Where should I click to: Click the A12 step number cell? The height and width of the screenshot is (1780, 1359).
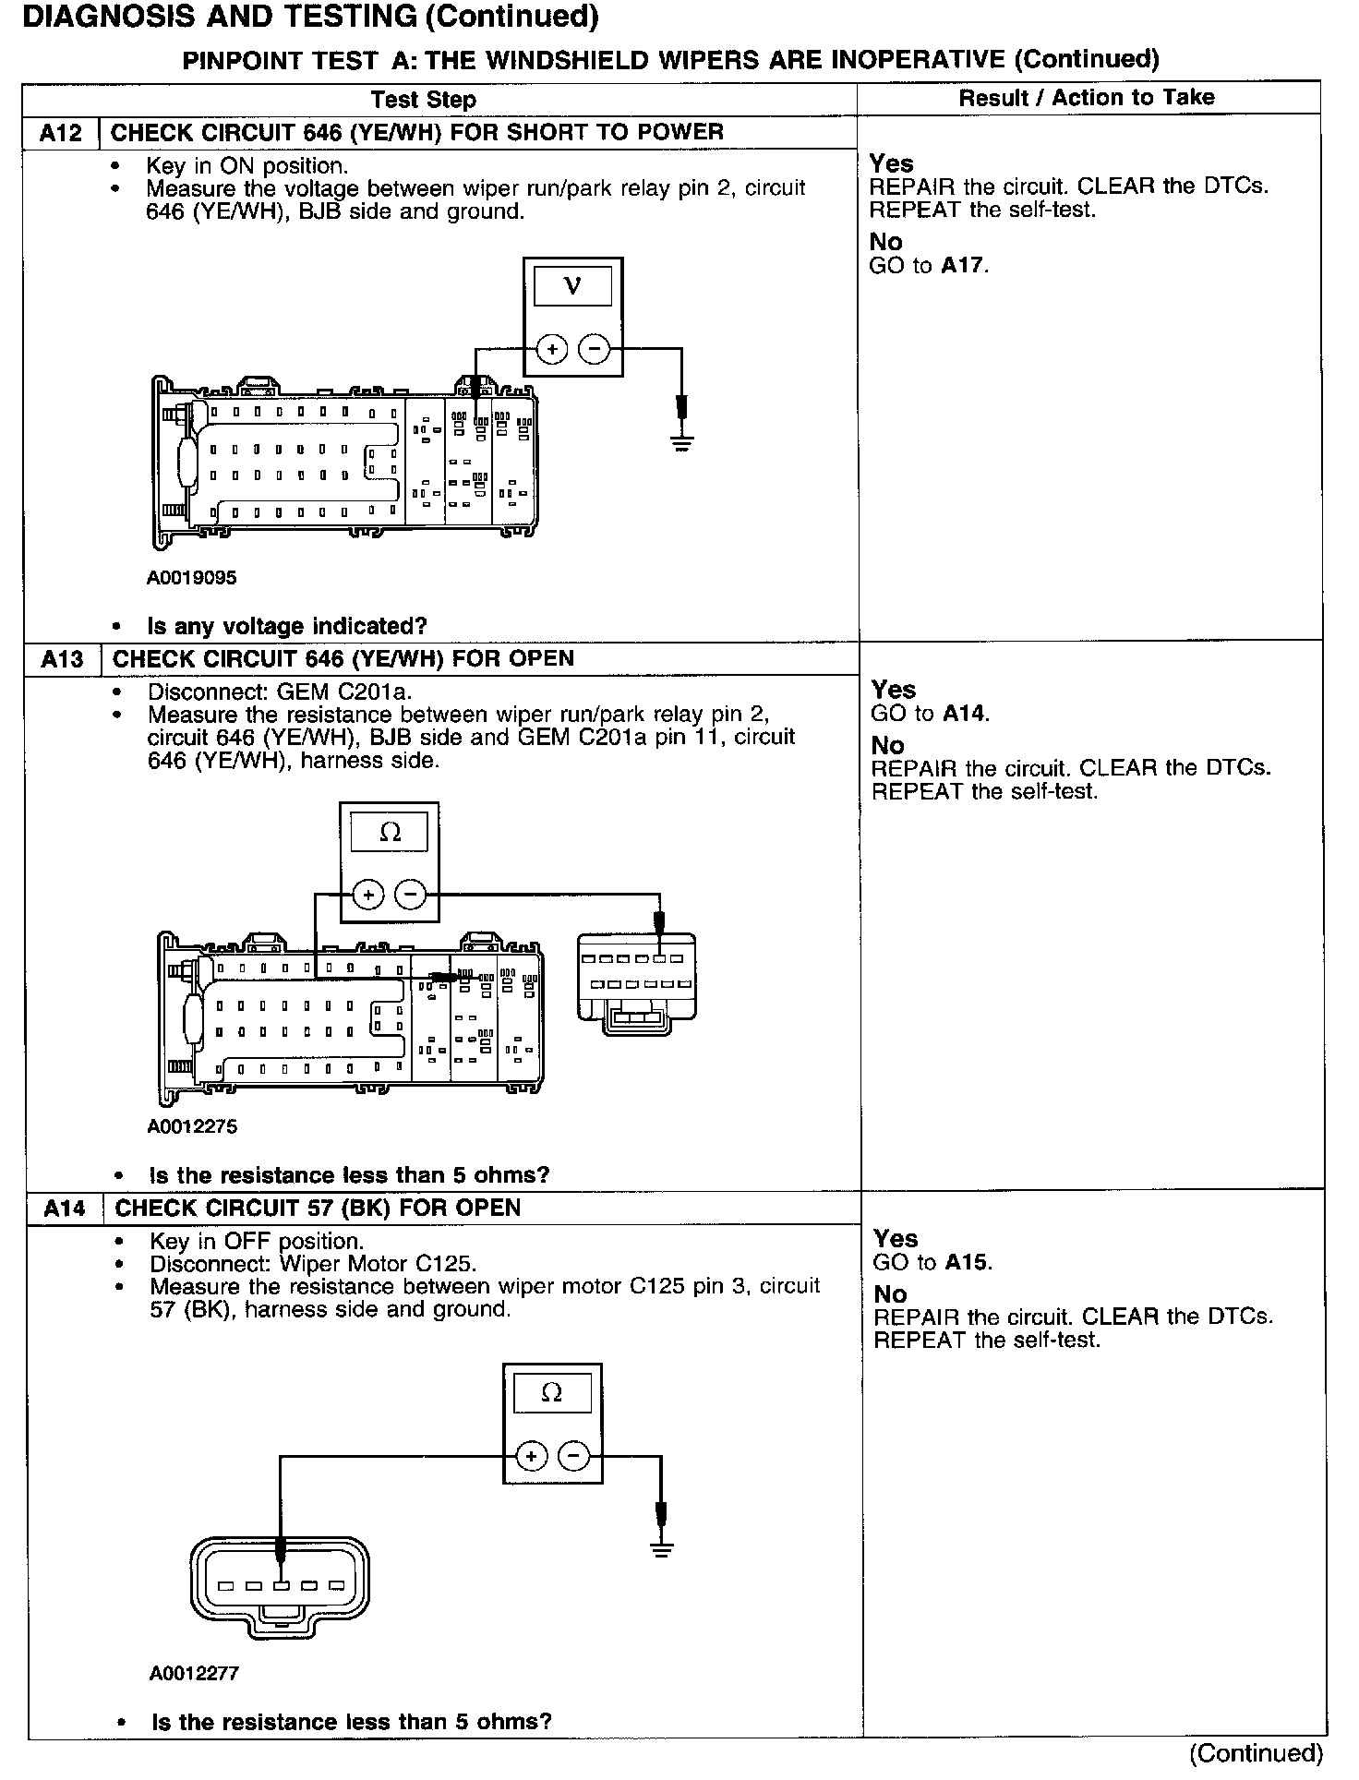61,133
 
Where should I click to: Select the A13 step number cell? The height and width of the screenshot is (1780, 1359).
62,659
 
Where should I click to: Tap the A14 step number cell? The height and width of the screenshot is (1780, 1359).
65,1208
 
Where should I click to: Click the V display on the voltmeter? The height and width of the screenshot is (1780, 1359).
572,286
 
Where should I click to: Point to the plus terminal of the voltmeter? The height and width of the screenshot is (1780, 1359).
552,349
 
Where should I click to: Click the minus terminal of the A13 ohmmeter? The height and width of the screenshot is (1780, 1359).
411,894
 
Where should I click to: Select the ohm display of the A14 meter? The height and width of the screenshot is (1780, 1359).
551,1392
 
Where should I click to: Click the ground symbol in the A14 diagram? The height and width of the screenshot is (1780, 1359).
661,1550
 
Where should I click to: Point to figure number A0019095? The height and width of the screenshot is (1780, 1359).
191,578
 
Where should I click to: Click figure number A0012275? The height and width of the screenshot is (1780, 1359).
192,1126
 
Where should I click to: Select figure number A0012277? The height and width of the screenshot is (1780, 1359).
195,1673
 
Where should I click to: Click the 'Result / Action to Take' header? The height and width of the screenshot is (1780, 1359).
1087,98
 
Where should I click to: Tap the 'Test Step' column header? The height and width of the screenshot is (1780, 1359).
424,100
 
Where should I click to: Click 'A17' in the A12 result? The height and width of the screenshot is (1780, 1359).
963,266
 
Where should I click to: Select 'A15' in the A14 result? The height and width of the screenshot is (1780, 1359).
967,1262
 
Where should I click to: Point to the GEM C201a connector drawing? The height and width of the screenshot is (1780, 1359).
636,983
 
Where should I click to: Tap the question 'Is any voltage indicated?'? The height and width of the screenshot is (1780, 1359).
286,626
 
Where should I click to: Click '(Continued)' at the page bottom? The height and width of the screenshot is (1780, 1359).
1256,1752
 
